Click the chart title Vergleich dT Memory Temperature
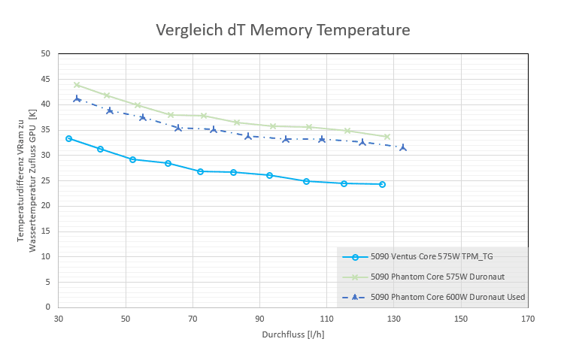283,30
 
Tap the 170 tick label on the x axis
528,319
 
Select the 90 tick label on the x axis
259,319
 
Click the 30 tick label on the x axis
59,319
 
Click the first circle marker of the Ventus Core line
68,138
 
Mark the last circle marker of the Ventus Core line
382,184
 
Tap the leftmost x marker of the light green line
77,85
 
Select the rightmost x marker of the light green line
387,137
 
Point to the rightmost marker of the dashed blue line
403,147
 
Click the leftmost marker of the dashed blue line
77,98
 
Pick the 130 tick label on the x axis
393,319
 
